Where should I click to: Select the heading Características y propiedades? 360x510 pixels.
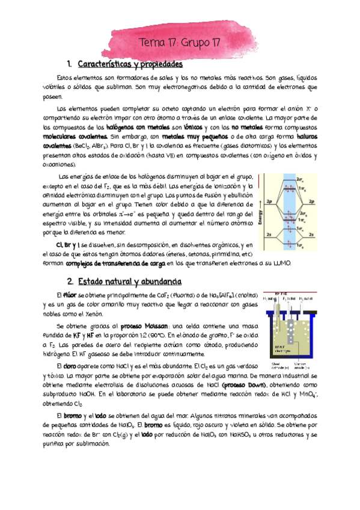tap(129, 64)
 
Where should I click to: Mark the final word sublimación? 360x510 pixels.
tap(90, 444)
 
